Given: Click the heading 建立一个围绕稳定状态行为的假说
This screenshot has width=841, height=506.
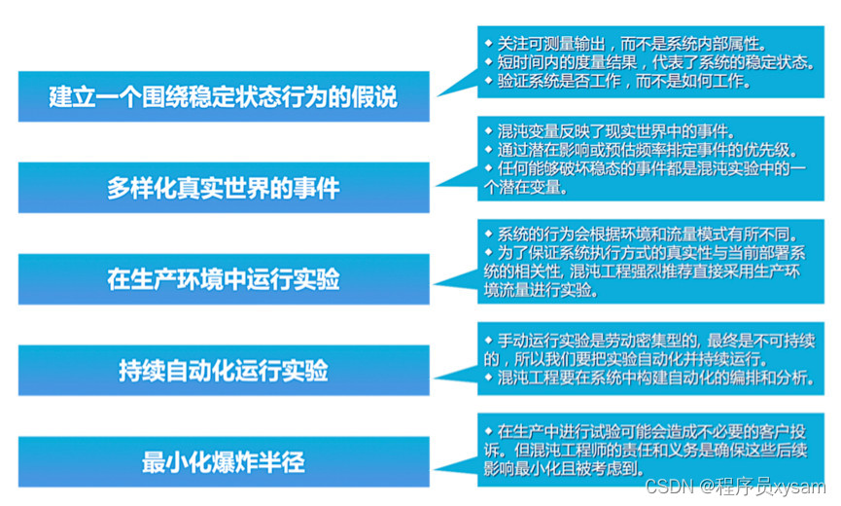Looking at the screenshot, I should click(x=224, y=97).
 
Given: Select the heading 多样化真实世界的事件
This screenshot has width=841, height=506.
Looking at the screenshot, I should click(x=224, y=188).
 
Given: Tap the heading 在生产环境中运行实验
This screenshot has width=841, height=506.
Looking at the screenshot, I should click(x=224, y=279).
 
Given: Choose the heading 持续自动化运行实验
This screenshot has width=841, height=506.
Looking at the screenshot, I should click(x=224, y=371).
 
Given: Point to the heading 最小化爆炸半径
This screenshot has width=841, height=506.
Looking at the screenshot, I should click(x=224, y=462).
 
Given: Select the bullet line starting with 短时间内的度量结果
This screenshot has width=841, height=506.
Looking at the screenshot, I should click(x=648, y=62).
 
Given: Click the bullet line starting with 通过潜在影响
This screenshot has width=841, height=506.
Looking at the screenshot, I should click(x=642, y=150).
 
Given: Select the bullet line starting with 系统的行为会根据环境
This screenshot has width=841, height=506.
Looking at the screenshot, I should click(x=642, y=235).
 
